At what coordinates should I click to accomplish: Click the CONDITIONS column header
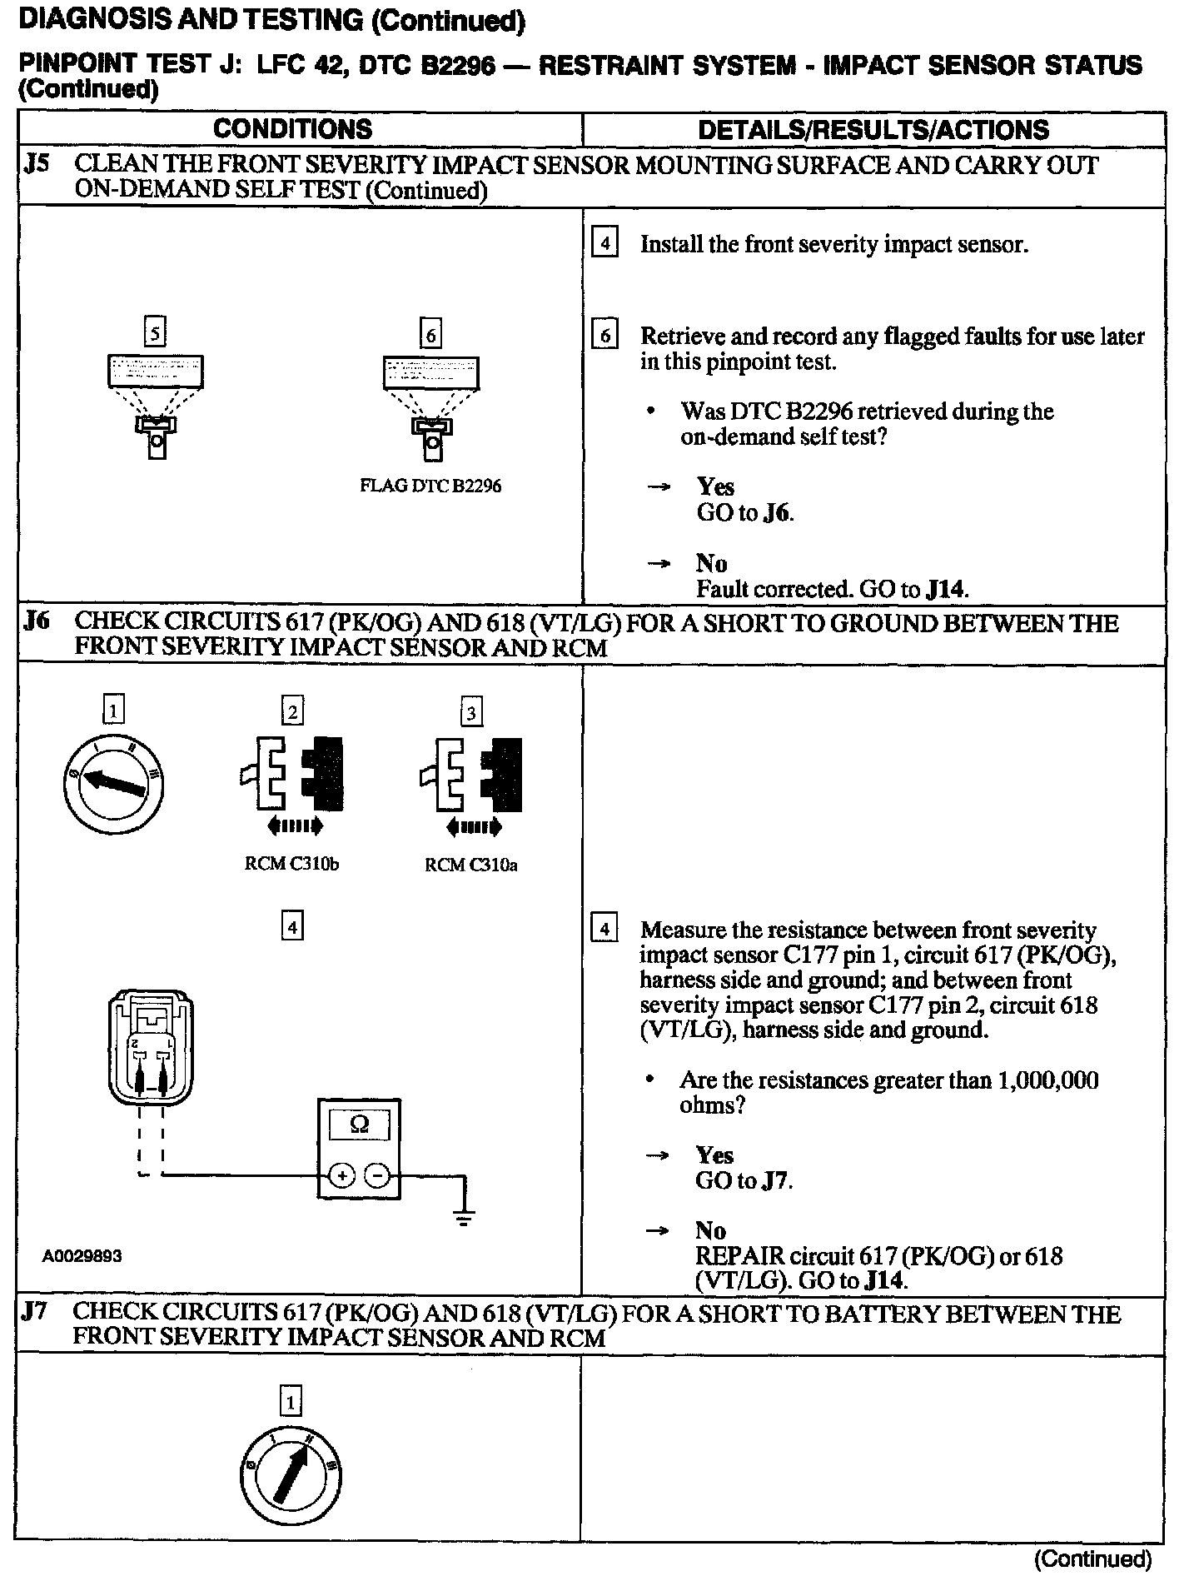click(293, 129)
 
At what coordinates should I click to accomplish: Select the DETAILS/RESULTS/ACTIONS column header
click(873, 130)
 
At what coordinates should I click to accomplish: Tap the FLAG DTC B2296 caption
click(430, 486)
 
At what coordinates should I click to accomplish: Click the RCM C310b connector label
click(291, 864)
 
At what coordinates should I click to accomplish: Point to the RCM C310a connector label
click(470, 865)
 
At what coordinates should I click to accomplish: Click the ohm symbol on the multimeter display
click(359, 1125)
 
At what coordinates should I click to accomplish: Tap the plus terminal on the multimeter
click(342, 1175)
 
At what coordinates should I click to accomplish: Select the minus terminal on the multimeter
click(376, 1175)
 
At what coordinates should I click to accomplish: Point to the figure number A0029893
click(82, 1256)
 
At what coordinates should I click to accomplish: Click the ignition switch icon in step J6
click(113, 785)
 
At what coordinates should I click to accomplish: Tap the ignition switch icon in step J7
click(291, 1478)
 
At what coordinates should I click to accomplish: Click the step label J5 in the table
click(37, 163)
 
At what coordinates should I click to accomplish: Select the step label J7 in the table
click(35, 1313)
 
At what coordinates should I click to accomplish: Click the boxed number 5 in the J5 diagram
click(155, 334)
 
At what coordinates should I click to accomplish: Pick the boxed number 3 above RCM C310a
click(471, 713)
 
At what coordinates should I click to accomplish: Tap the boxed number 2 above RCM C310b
click(292, 712)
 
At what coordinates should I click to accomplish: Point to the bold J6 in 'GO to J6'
click(776, 513)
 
